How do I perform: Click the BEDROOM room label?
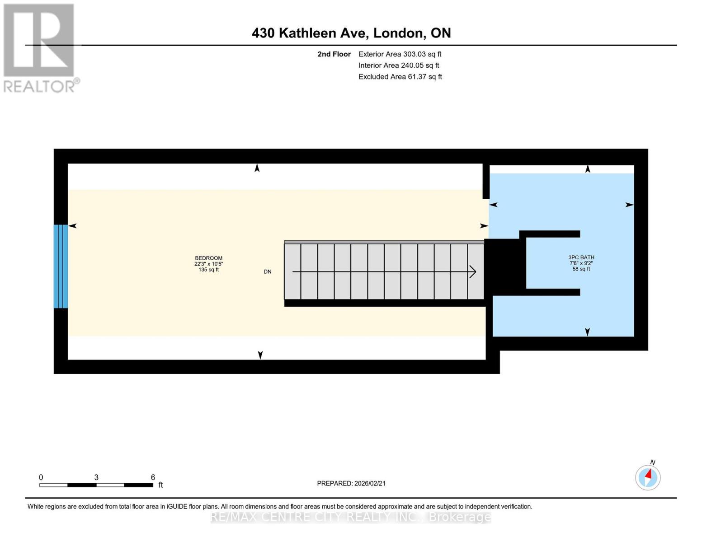(x=208, y=258)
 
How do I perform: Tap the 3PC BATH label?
(x=581, y=257)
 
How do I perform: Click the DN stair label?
(x=268, y=271)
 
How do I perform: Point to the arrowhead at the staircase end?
(x=473, y=271)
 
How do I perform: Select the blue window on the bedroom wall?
(x=61, y=266)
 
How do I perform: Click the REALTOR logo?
(x=39, y=47)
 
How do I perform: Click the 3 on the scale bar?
(x=96, y=477)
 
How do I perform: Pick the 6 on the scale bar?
(x=153, y=477)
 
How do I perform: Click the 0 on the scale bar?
(x=41, y=477)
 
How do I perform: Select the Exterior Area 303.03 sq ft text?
(x=400, y=54)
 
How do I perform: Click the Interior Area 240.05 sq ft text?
(x=399, y=65)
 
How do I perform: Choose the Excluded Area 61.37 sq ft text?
(x=400, y=77)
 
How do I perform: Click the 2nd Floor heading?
(x=334, y=54)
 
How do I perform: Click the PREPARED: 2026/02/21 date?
(x=351, y=483)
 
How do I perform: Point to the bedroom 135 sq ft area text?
(x=208, y=270)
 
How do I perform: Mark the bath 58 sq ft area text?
(x=581, y=269)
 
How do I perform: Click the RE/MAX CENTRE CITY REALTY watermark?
(x=351, y=517)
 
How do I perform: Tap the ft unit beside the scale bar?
(x=160, y=485)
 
